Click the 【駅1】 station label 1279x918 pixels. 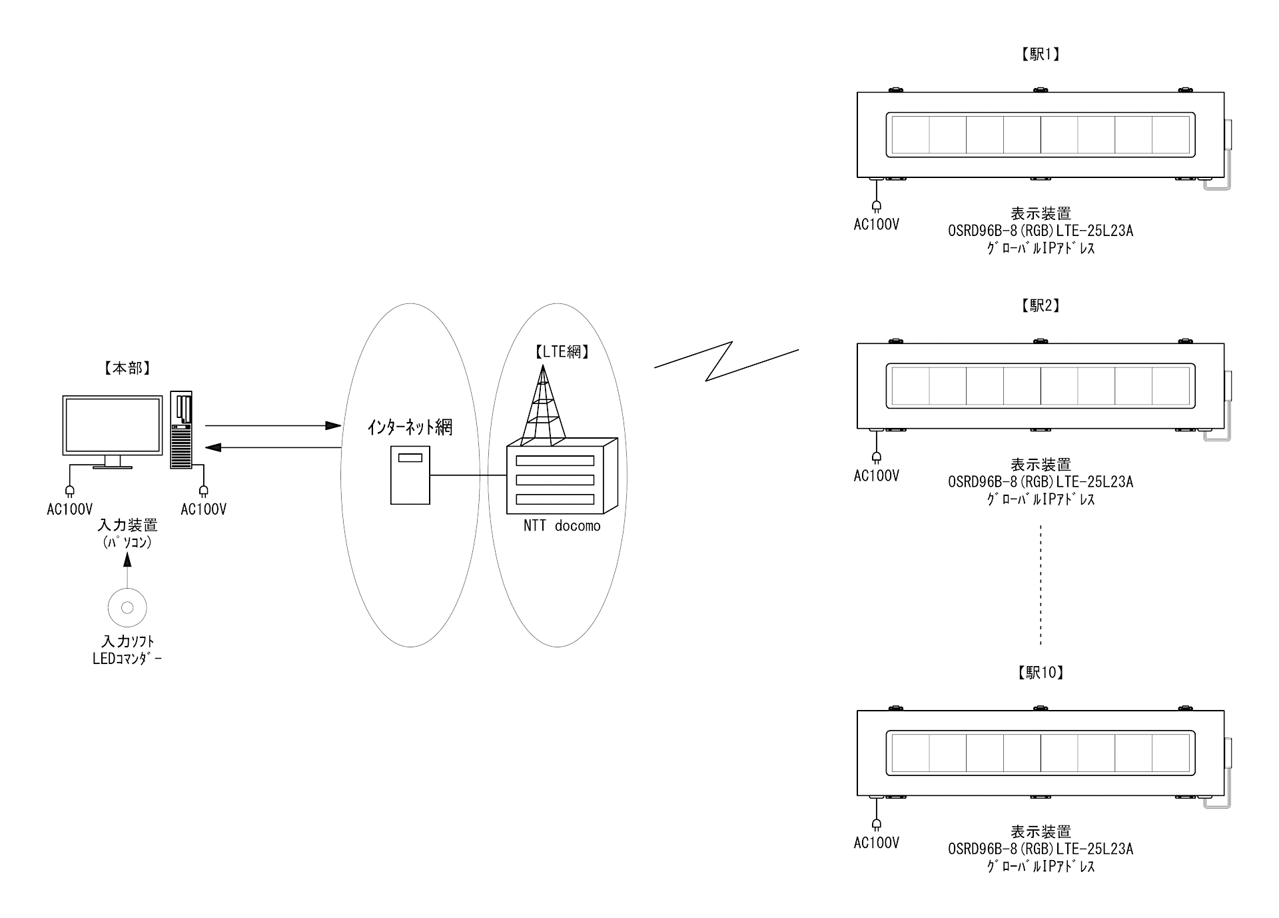[x=1040, y=55]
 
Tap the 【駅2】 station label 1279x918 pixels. [x=1040, y=305]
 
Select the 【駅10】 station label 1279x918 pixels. [x=1040, y=673]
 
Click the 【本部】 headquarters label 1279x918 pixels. [x=127, y=369]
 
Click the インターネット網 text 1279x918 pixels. [x=410, y=427]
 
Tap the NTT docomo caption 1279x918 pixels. [x=562, y=526]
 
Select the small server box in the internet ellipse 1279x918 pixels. [x=410, y=475]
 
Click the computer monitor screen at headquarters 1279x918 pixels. [x=113, y=425]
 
